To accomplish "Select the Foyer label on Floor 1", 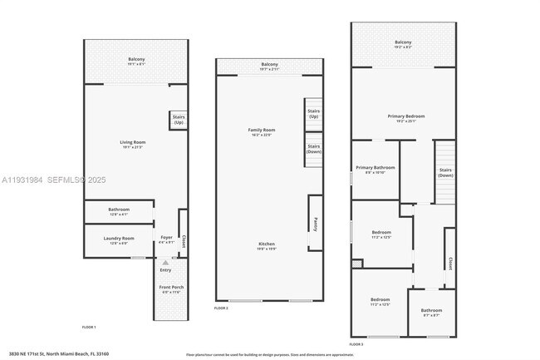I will (x=165, y=239).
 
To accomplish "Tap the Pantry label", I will (x=316, y=224).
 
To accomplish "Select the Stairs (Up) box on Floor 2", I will (x=313, y=114).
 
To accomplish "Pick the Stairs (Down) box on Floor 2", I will (x=313, y=150).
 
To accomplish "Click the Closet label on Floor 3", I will (x=449, y=263).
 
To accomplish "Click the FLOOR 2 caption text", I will (x=221, y=308).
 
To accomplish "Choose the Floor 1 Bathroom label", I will (x=119, y=211).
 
